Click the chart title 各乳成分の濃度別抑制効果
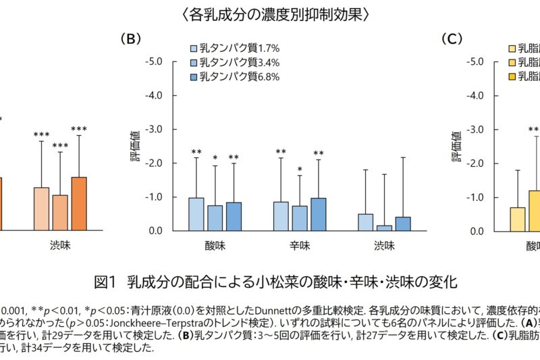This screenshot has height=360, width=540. click(x=269, y=14)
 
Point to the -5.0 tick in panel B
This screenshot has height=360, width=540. click(x=154, y=61)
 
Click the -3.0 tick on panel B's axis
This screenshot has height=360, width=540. click(x=154, y=129)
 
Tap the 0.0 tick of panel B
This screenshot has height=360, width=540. click(x=156, y=231)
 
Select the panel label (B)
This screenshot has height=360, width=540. click(x=131, y=38)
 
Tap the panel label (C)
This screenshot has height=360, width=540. click(x=453, y=38)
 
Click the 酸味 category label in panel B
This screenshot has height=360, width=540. click(x=215, y=245)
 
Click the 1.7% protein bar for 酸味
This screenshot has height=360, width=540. click(x=196, y=214)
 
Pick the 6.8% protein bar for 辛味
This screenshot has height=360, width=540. click(x=318, y=215)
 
